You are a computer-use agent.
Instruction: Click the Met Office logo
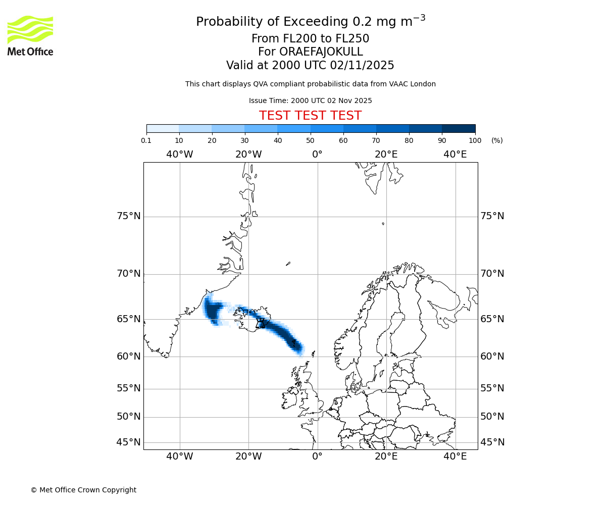click(x=30, y=35)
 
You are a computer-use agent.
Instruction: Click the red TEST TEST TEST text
click(x=310, y=116)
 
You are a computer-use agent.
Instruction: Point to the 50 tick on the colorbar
click(x=310, y=140)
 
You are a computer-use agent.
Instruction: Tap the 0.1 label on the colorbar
click(x=146, y=140)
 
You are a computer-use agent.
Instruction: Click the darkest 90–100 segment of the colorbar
click(x=459, y=128)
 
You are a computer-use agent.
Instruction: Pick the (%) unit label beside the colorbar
click(x=497, y=140)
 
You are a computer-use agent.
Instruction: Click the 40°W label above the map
click(x=180, y=154)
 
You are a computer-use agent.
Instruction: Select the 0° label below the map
click(x=317, y=457)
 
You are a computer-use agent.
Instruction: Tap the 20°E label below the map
click(x=386, y=457)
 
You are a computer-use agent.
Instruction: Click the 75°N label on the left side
click(x=128, y=216)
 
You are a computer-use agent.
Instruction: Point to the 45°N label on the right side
click(x=492, y=442)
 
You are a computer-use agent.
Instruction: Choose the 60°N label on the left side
click(x=128, y=357)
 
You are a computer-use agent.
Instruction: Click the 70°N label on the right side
click(x=492, y=274)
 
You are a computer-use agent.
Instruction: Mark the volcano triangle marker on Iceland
click(x=261, y=323)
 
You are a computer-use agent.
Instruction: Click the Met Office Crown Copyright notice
click(x=83, y=490)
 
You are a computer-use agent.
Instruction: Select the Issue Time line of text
click(x=310, y=100)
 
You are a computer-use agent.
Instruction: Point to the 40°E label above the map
click(x=455, y=154)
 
